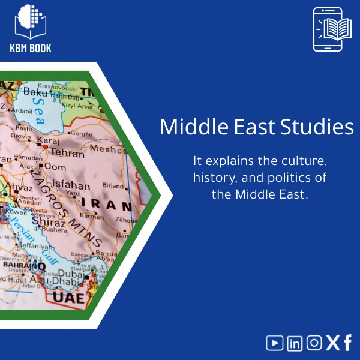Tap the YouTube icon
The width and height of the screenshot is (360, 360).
(275, 343)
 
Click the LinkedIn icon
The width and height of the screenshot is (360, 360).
(295, 343)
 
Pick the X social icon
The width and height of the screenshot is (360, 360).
(333, 343)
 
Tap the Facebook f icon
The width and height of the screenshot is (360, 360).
(348, 343)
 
